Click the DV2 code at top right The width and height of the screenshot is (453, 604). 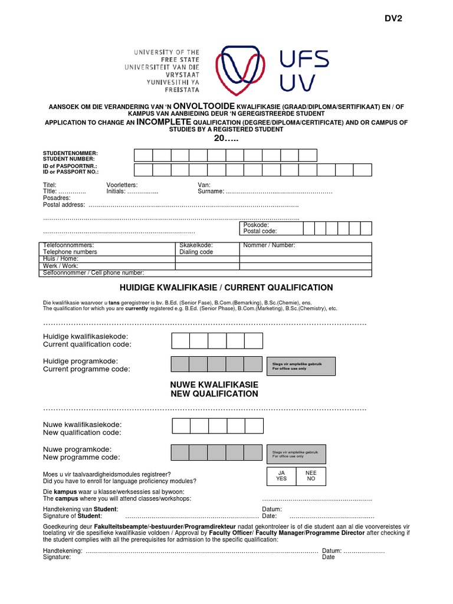point(393,18)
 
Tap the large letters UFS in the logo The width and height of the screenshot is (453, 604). point(304,59)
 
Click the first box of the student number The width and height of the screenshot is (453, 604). point(143,155)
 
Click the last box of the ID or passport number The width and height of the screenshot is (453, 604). point(363,170)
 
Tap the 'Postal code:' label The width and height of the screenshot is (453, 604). point(260,231)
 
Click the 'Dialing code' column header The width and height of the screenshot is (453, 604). point(196,252)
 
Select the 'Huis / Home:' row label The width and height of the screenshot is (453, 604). point(61,258)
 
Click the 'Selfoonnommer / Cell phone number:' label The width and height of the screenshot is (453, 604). point(94,273)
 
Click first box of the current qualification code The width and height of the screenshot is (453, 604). point(180,341)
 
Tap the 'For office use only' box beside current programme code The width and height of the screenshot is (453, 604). point(301,366)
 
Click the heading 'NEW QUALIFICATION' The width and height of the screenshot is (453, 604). point(214,394)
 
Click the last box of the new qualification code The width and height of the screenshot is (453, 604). point(253,426)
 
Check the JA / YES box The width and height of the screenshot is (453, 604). point(281,476)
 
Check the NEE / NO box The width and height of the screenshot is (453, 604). point(311,476)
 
